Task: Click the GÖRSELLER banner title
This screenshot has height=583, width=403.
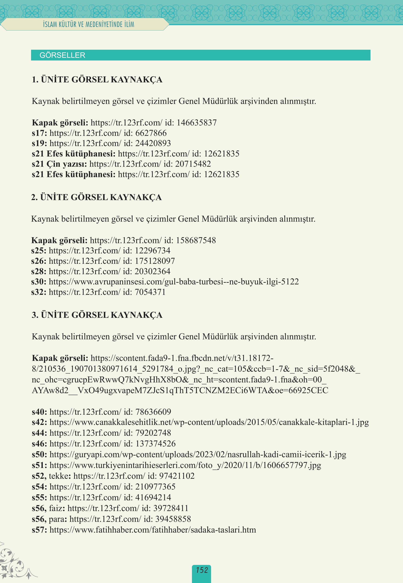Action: click(x=62, y=55)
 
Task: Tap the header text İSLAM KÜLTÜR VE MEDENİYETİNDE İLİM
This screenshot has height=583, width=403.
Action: click(x=88, y=24)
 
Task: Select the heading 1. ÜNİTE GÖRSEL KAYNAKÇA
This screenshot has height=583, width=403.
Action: click(x=97, y=79)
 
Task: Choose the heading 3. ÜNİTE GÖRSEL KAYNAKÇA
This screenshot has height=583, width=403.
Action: click(x=97, y=315)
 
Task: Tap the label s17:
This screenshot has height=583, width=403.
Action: click(x=39, y=133)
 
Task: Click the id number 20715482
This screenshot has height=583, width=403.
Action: click(x=193, y=164)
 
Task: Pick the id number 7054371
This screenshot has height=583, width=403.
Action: click(x=150, y=292)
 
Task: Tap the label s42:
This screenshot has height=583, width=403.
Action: click(x=39, y=422)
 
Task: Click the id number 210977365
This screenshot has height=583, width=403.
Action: click(x=155, y=487)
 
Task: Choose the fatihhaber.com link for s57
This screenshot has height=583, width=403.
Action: click(x=153, y=530)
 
